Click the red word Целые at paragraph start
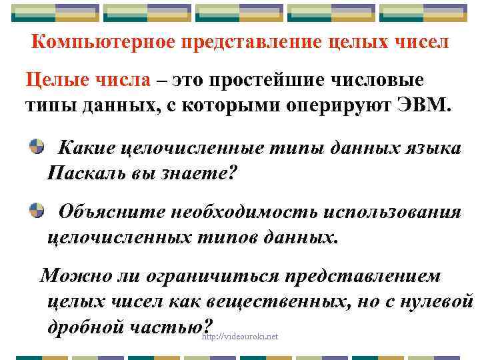[54, 81]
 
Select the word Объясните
[111, 212]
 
